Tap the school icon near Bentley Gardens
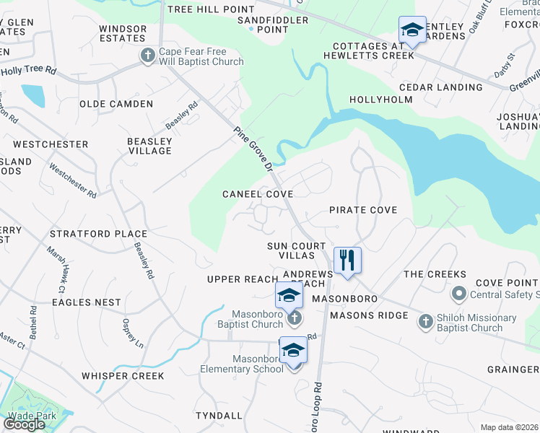point(411,30)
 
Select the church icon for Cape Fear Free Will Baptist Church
point(147,56)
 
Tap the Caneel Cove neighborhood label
point(258,194)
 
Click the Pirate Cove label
point(363,210)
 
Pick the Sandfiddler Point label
point(273,25)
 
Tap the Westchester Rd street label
point(72,180)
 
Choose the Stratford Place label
point(98,234)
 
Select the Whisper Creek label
point(123,376)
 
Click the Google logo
point(24,424)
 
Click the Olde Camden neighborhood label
point(116,104)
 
